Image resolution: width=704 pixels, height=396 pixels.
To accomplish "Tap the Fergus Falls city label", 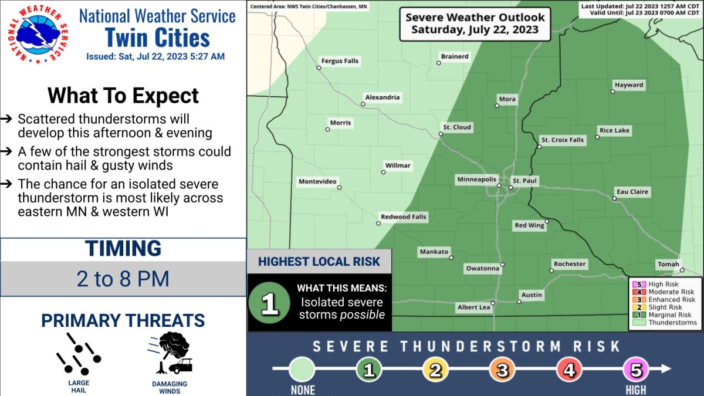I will click(340, 61).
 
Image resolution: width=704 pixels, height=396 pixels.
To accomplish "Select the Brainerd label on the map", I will click(455, 56).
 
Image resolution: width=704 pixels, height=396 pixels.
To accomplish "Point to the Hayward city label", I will click(629, 85).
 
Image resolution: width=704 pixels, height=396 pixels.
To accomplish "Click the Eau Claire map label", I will click(632, 192).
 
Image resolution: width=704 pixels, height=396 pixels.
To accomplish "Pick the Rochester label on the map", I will click(570, 264).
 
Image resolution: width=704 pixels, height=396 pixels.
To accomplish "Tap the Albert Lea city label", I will click(473, 307).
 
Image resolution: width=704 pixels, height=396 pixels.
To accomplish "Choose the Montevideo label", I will click(317, 181).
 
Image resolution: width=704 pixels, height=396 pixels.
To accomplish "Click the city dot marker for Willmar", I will click(384, 172).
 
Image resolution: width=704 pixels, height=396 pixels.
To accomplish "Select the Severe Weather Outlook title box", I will click(475, 24).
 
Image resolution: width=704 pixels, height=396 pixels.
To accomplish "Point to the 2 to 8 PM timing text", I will click(123, 279).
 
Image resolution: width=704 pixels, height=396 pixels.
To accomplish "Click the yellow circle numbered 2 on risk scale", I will click(435, 370).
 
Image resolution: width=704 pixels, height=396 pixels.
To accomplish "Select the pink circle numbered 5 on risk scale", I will click(636, 370).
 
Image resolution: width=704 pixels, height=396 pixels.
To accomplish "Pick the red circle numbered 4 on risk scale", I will click(569, 370).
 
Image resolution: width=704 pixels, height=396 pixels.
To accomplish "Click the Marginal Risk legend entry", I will click(666, 315).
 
